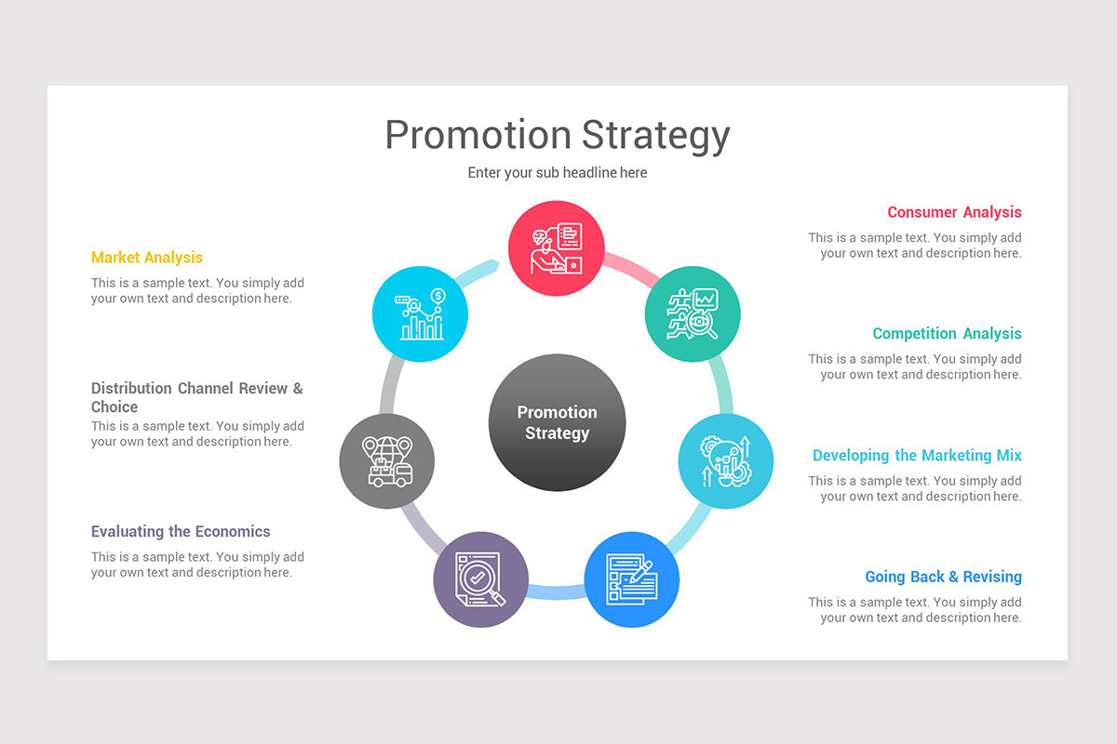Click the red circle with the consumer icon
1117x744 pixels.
[557, 249]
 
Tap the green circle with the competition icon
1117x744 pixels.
[693, 313]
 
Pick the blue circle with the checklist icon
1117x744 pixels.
[632, 579]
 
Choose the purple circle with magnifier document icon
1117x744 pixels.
[481, 579]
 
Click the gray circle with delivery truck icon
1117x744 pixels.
[386, 461]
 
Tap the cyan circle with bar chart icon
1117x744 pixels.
[420, 313]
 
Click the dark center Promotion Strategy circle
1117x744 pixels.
[557, 423]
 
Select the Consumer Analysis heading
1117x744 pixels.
[954, 212]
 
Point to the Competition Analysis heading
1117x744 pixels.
[947, 334]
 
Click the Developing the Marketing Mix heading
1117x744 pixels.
[917, 456]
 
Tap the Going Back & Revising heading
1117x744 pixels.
[943, 577]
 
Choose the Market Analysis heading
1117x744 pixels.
[147, 258]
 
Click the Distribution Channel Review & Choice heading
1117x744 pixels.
[197, 397]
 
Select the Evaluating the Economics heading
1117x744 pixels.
[181, 532]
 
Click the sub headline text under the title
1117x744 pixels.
[557, 173]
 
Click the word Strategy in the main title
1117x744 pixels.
[656, 135]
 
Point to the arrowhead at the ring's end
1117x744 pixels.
[493, 266]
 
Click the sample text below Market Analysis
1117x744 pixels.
[197, 291]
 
